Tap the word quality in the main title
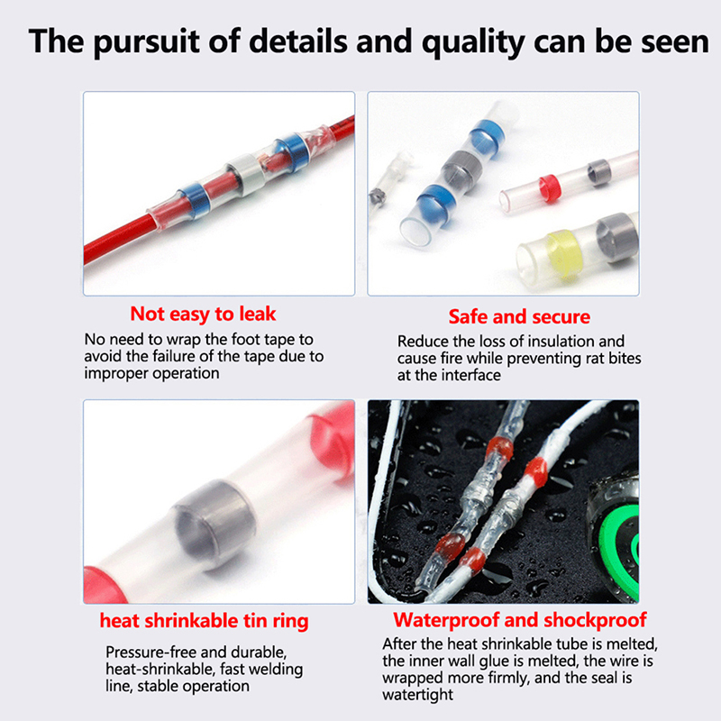[x=473, y=42]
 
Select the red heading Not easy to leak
[x=203, y=314]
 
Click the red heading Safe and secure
[x=519, y=317]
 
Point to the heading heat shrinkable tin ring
[x=205, y=621]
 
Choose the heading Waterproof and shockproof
[x=520, y=620]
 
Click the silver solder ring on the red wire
[x=247, y=172]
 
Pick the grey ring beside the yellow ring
[x=617, y=238]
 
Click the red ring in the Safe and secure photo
[x=550, y=188]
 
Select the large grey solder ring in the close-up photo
[x=214, y=524]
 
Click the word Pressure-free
[x=151, y=653]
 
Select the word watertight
[x=417, y=695]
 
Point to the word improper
[x=116, y=374]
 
